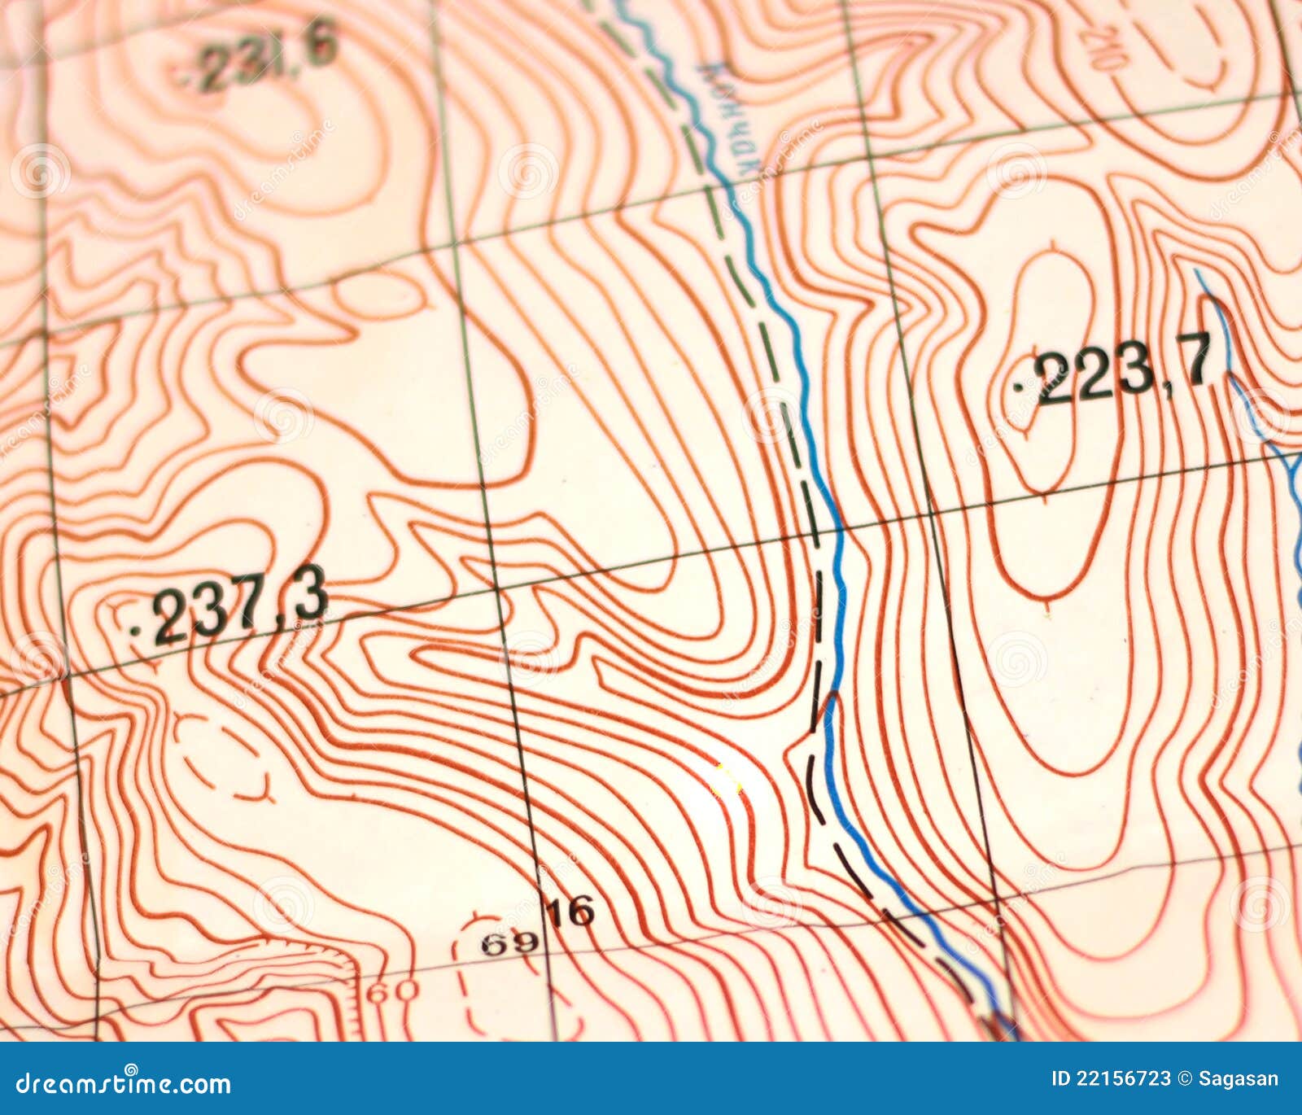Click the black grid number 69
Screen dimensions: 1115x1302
click(x=509, y=943)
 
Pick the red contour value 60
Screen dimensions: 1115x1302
click(x=393, y=992)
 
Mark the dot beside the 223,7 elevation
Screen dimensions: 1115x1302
click(x=1020, y=388)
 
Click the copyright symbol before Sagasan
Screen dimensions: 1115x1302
click(x=1185, y=1079)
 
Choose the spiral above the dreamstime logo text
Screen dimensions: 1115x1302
click(x=130, y=1068)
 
